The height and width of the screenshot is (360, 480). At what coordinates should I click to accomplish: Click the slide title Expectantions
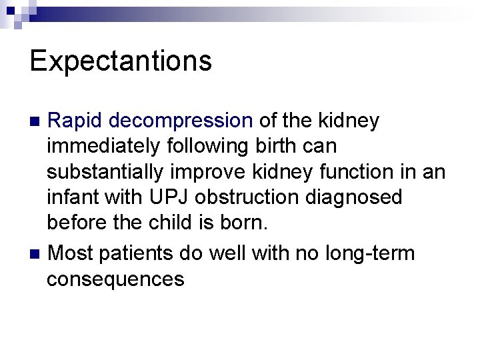pyautogui.click(x=121, y=61)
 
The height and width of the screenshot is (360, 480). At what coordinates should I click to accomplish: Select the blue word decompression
pyautogui.click(x=181, y=121)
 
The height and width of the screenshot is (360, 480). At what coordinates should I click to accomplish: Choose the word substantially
pyautogui.click(x=105, y=172)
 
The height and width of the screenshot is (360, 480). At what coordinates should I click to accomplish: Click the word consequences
pyautogui.click(x=115, y=279)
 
